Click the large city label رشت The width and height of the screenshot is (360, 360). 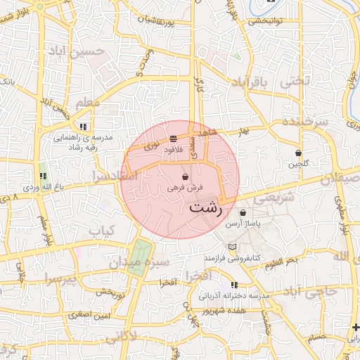pos(206,210)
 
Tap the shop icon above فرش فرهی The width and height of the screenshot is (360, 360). pos(185,176)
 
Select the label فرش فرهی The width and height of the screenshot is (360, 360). pos(186,188)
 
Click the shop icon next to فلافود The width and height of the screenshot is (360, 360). pos(173,139)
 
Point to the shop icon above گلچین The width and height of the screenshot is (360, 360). pos(299,153)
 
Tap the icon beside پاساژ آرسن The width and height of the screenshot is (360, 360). pos(243,212)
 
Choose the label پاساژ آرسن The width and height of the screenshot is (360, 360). pos(243,224)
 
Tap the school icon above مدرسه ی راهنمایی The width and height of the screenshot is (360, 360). pos(83,127)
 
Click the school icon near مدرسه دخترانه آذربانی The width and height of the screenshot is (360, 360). pos(234,285)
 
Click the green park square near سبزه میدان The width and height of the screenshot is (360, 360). pos(139,253)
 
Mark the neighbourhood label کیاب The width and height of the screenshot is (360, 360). pos(100,230)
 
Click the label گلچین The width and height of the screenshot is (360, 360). pos(299,164)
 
